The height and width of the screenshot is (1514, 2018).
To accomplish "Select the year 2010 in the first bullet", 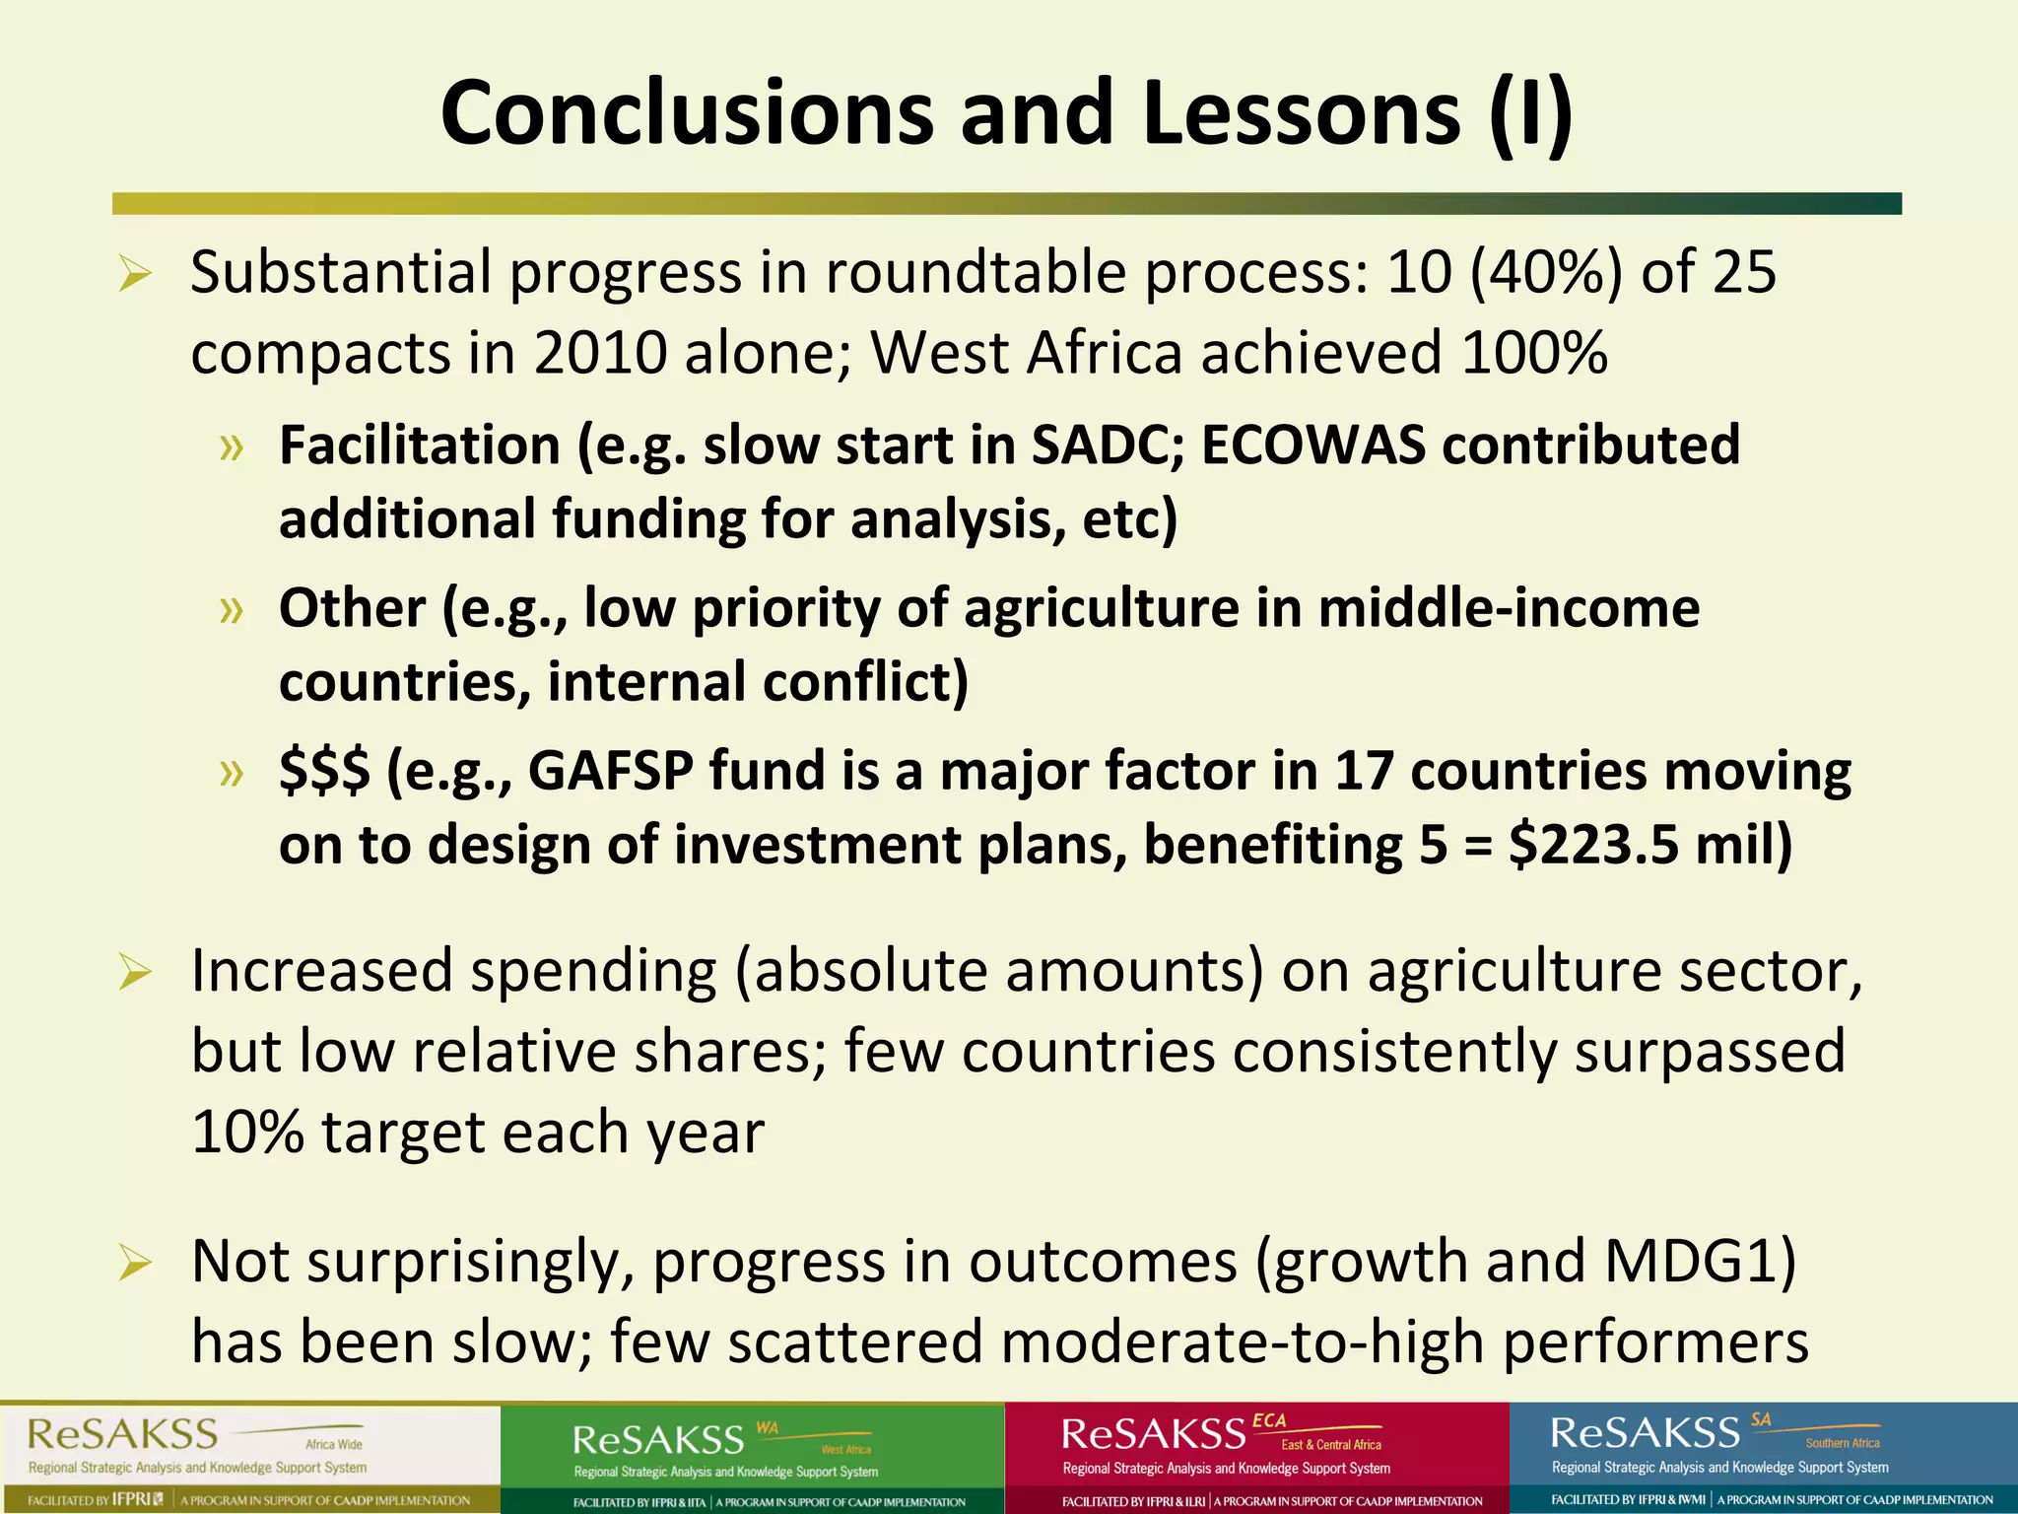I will click(600, 353).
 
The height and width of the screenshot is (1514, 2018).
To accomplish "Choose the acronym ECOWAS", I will click(1312, 445).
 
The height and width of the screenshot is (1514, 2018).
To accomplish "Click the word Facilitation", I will click(419, 445).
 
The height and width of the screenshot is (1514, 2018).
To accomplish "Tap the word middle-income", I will click(1509, 607).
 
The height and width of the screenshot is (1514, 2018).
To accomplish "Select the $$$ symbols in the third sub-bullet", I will click(324, 771).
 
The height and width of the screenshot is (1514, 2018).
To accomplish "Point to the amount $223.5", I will click(1593, 845).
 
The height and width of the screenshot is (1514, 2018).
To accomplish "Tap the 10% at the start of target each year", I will click(247, 1132).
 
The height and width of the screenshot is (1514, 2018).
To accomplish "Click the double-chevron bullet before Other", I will click(232, 609).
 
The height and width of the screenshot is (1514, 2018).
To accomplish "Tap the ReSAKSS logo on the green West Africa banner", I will click(658, 1440).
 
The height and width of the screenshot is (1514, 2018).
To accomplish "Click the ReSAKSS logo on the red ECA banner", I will click(1153, 1433).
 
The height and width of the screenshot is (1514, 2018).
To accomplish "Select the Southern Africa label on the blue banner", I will click(1842, 1443).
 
